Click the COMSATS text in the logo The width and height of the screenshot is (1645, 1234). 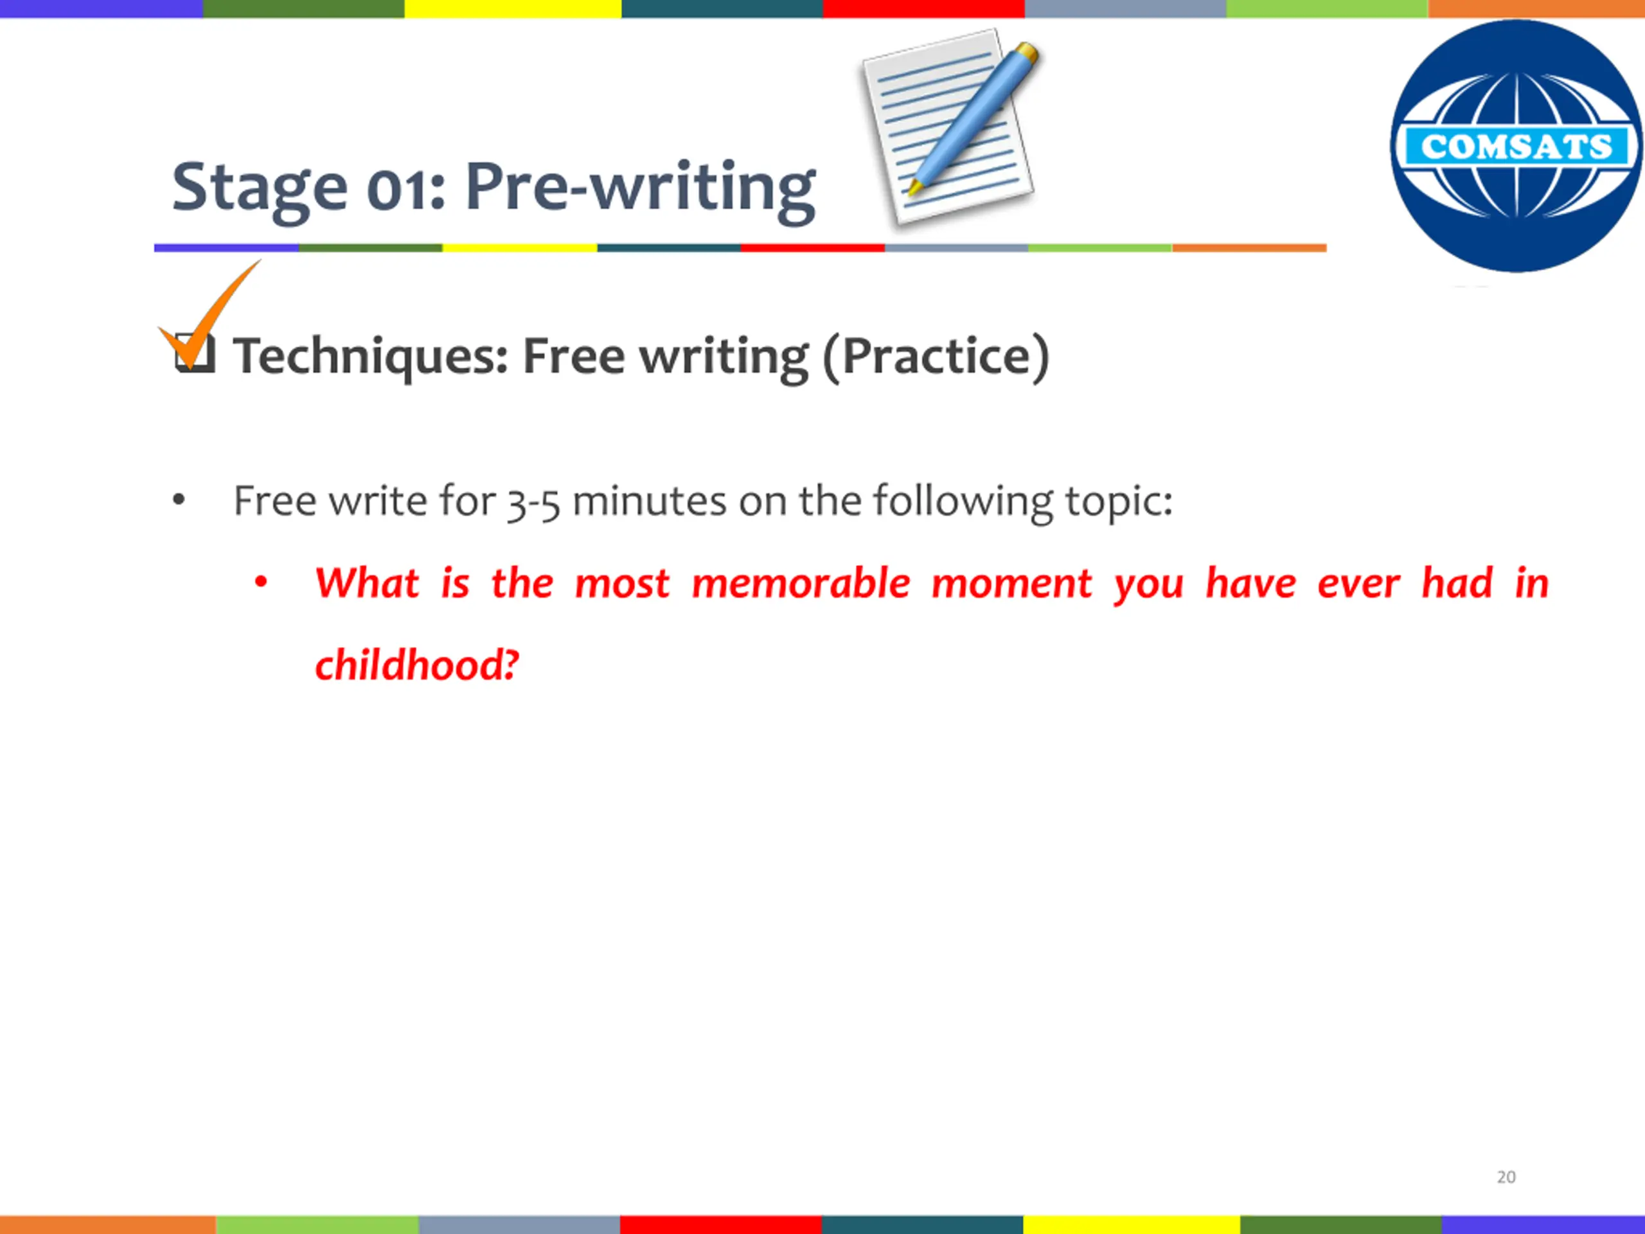pyautogui.click(x=1516, y=147)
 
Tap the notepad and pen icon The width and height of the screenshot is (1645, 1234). pyautogui.click(x=951, y=127)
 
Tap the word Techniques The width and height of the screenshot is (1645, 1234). pyautogui.click(x=370, y=357)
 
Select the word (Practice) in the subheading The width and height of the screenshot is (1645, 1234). pyautogui.click(x=936, y=357)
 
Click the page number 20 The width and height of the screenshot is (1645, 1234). pyautogui.click(x=1506, y=1177)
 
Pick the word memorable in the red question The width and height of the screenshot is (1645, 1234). pyautogui.click(x=801, y=582)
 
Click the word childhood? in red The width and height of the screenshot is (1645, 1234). pyautogui.click(x=416, y=664)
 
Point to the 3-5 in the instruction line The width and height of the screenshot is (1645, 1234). pyautogui.click(x=533, y=503)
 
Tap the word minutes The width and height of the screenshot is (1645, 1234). pyautogui.click(x=649, y=501)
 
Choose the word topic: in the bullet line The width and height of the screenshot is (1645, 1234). pyautogui.click(x=1119, y=503)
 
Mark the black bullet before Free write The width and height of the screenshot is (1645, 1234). pyautogui.click(x=179, y=500)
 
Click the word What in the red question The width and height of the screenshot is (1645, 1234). pyautogui.click(x=368, y=582)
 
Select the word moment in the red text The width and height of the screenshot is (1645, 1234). pyautogui.click(x=1011, y=584)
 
